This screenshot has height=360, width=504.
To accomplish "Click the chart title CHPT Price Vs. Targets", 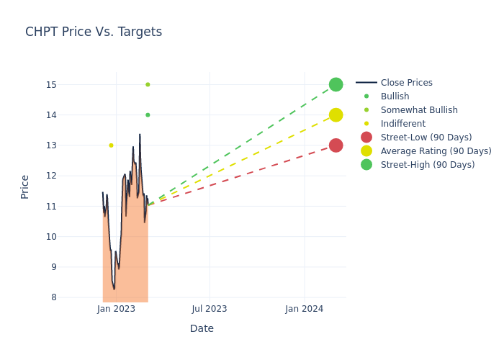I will tap(94, 32).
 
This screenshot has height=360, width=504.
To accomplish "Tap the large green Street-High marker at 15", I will tap(336, 84).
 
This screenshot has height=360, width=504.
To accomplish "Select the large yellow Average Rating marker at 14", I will tap(336, 115).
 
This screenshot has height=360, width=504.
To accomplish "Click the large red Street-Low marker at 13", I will tap(336, 145).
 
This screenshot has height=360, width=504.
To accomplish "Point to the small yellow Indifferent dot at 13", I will tap(111, 145).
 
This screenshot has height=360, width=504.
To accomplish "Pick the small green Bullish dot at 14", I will tap(148, 115).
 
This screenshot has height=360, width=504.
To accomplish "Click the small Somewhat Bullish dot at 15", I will tap(148, 84).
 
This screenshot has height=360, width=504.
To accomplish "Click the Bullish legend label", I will tap(395, 96).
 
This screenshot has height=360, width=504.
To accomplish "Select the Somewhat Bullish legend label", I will tap(419, 110).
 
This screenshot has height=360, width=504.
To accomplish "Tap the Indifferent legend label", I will tap(402, 124).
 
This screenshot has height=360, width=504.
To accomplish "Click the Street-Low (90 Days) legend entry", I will tap(426, 138).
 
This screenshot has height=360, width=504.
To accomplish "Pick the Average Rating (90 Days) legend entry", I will tap(436, 151).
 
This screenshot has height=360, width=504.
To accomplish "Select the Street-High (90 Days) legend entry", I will tap(428, 165).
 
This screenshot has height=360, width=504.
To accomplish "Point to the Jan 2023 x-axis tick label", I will tap(116, 309).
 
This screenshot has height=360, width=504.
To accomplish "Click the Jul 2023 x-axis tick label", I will tap(210, 309).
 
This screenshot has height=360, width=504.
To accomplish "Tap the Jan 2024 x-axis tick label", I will tap(304, 309).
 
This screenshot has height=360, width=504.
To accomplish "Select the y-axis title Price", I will tap(25, 186).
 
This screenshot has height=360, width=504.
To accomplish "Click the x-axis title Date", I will tap(202, 329).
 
